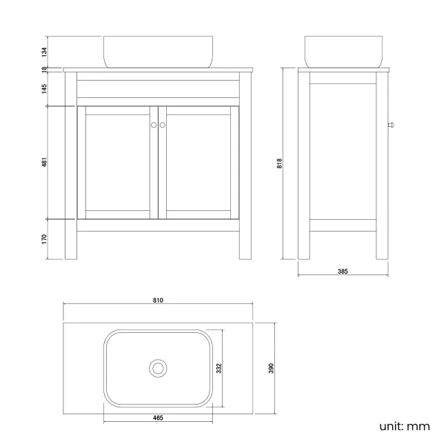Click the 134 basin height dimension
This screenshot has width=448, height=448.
[44, 52]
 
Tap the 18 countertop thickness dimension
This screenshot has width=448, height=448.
[44, 70]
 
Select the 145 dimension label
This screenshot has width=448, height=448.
[44, 89]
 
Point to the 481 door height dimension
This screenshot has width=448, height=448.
[44, 162]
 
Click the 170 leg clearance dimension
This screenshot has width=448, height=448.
[44, 239]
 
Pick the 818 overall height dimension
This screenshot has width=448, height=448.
[279, 163]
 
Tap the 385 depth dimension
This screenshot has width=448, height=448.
[343, 272]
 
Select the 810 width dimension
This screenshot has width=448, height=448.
[158, 301]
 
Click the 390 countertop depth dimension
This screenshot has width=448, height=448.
[271, 368]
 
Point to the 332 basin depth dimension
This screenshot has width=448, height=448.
[219, 368]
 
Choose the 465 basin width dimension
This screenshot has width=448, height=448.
[158, 418]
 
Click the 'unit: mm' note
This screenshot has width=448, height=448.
[405, 427]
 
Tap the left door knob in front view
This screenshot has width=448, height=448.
[154, 125]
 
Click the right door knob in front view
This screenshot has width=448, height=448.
[163, 125]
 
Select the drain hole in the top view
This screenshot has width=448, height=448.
[158, 368]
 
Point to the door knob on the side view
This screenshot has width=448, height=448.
[391, 125]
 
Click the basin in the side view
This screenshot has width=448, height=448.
[343, 52]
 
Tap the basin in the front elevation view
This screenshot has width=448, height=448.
[158, 52]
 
